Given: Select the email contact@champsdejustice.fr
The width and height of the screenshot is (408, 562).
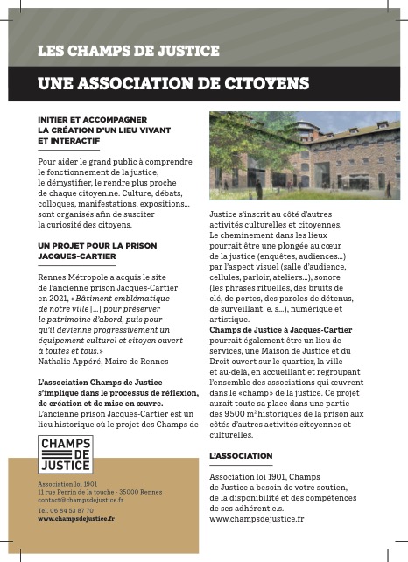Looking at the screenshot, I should point(74,500).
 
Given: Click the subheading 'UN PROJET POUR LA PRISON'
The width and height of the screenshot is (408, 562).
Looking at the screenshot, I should point(97,247).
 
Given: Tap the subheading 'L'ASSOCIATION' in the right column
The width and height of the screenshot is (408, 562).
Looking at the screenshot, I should point(236,456).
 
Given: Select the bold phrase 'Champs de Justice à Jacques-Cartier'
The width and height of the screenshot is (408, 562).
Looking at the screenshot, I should point(281,330).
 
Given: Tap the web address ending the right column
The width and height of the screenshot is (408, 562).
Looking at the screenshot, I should point(257,518).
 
